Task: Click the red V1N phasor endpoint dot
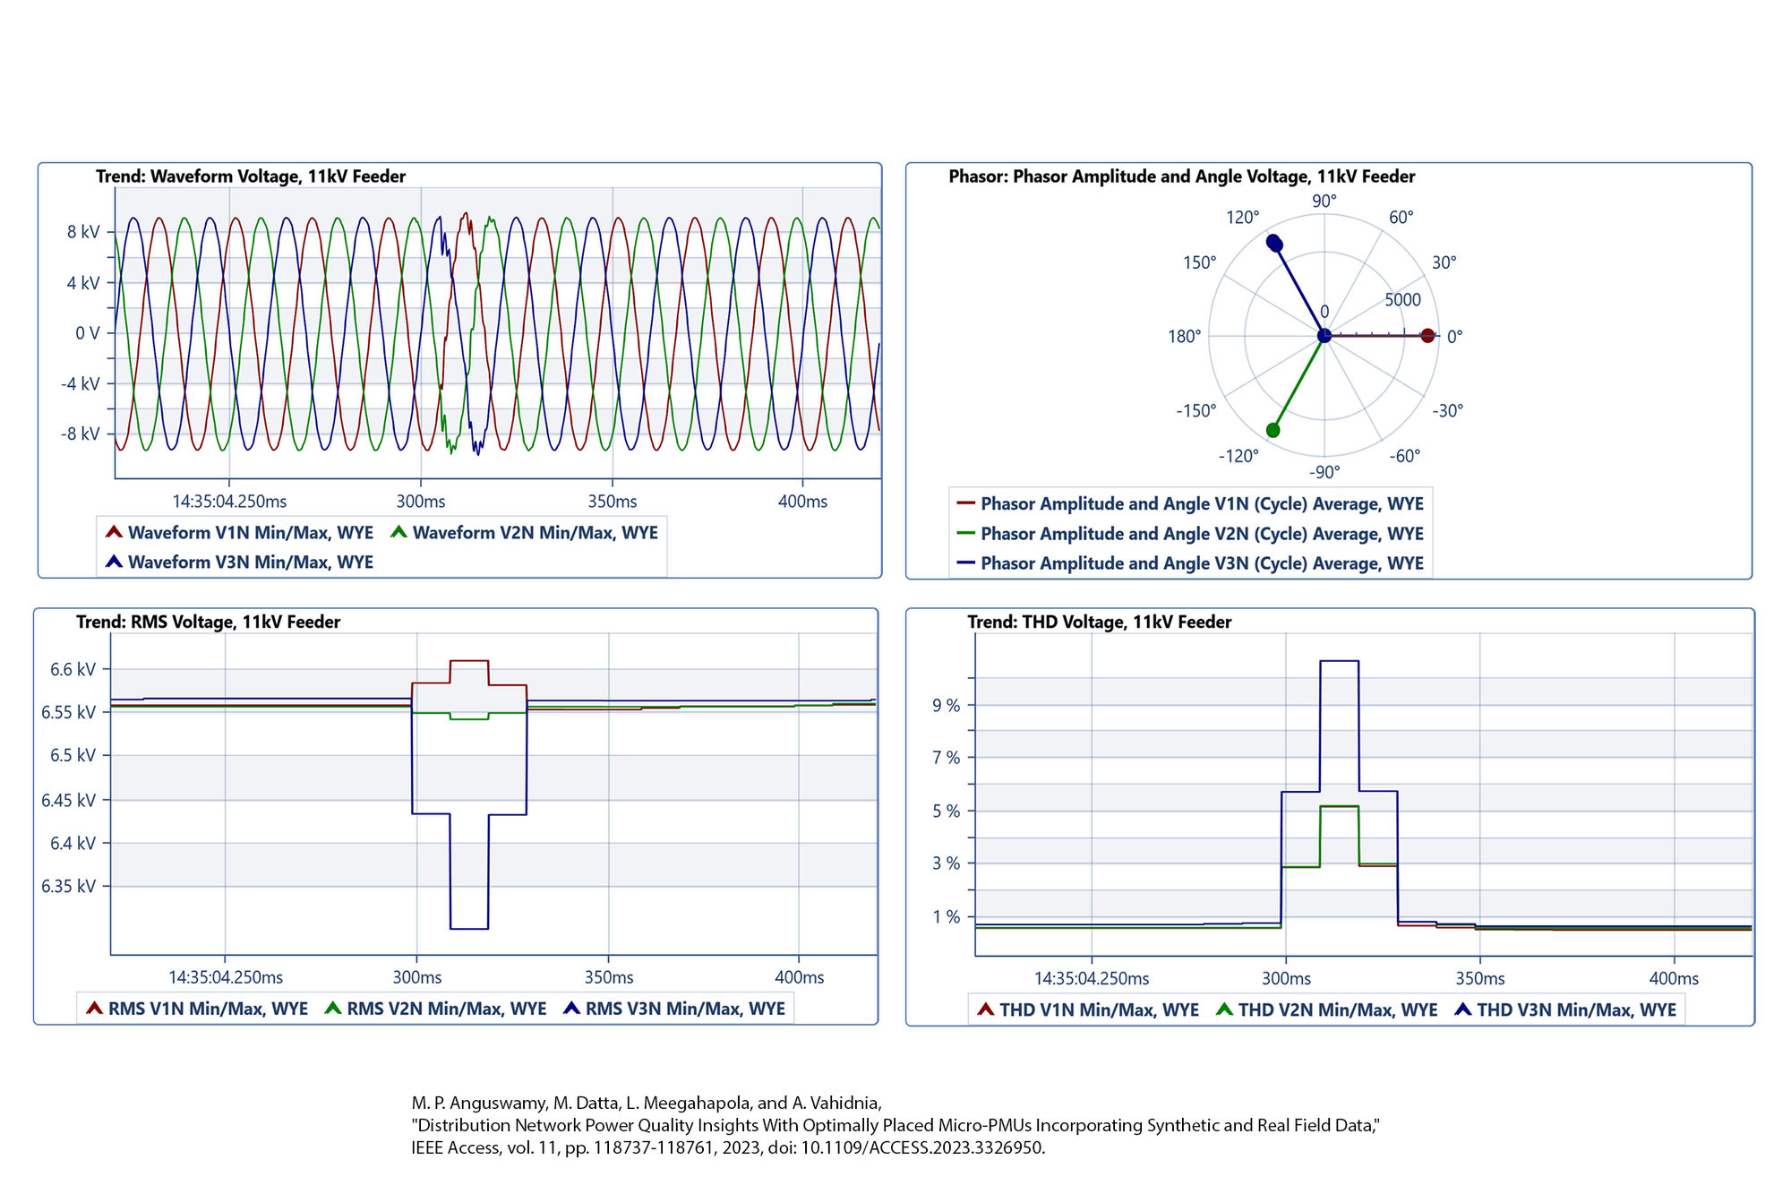click(x=1427, y=336)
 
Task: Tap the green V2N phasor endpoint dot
click(x=1273, y=431)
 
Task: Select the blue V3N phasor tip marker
click(x=1273, y=243)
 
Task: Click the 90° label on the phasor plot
click(x=1324, y=201)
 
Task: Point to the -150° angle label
click(x=1196, y=410)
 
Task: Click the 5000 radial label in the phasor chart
click(x=1402, y=299)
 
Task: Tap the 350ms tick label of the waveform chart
click(x=613, y=502)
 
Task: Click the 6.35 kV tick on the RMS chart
click(x=68, y=887)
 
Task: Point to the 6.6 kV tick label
click(x=73, y=670)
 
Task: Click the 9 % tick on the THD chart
click(x=946, y=706)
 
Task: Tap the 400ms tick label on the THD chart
click(x=1674, y=979)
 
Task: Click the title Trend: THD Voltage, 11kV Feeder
click(x=1099, y=622)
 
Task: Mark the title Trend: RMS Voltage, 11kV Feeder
click(x=208, y=622)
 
